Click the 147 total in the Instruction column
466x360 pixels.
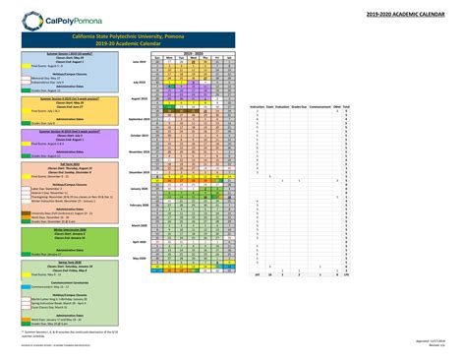pos(258,275)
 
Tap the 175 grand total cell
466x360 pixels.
pos(347,275)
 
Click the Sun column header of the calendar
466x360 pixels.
pos(156,58)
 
